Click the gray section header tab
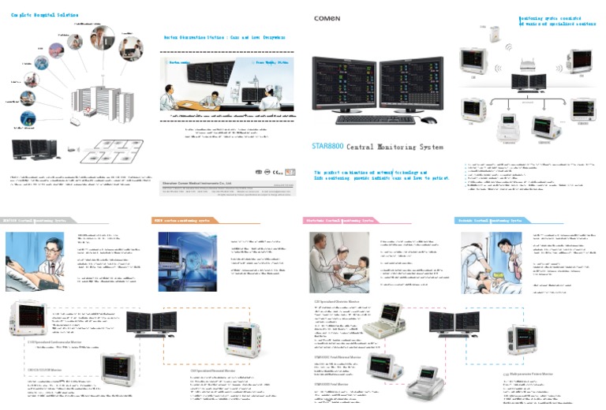(x=37, y=220)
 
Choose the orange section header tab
(x=190, y=220)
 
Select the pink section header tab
(x=340, y=220)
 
